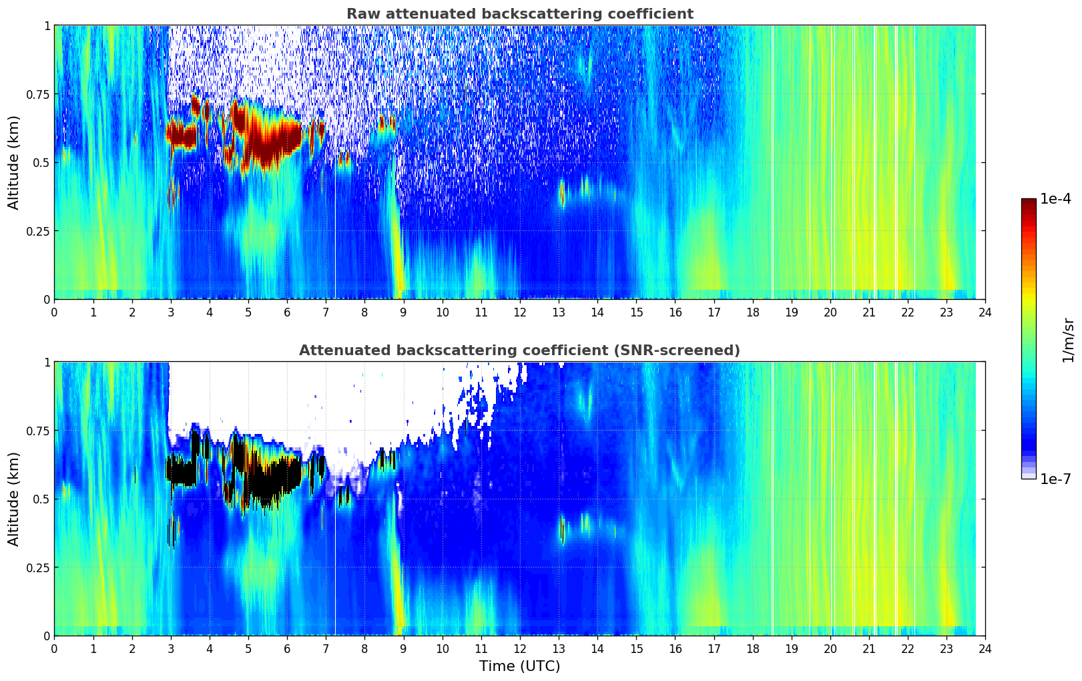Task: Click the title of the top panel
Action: tap(519, 14)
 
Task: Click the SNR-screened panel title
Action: tap(519, 351)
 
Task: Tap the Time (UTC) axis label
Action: tap(519, 666)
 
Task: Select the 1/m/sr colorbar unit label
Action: tap(1068, 340)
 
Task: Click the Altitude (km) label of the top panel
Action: tap(14, 162)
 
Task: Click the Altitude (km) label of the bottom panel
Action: tap(14, 499)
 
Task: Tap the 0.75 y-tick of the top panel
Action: tap(37, 94)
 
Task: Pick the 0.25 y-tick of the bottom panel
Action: tap(37, 567)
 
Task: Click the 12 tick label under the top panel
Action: tap(520, 312)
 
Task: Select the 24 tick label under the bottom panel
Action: tap(985, 649)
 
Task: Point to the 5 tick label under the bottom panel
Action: tap(248, 649)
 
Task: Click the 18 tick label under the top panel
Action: tap(752, 312)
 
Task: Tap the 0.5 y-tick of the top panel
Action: tap(41, 162)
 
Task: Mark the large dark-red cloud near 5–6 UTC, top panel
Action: tap(270, 140)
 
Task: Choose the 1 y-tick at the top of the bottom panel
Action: tap(47, 363)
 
